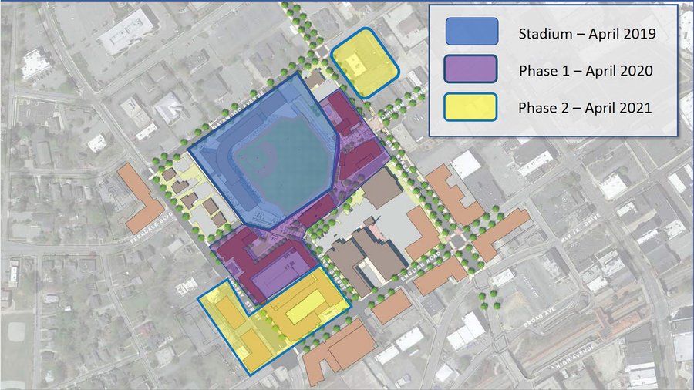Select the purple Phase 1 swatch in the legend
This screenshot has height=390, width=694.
click(472, 70)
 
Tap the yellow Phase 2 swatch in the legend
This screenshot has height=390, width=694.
click(472, 107)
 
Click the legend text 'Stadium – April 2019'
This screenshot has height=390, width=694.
click(587, 33)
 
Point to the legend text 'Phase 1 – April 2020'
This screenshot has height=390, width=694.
click(586, 70)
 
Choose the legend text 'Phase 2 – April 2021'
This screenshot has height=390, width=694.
click(586, 107)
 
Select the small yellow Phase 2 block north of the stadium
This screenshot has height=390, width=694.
click(364, 62)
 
